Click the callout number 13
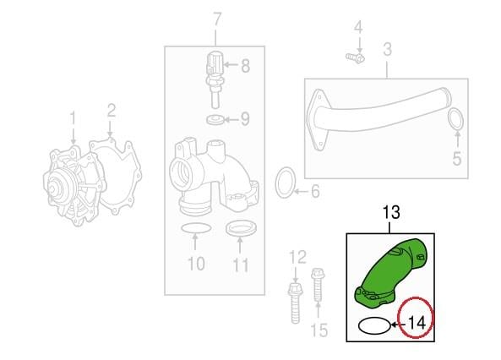click(391, 212)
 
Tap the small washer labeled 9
click(215, 120)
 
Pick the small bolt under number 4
click(356, 57)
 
